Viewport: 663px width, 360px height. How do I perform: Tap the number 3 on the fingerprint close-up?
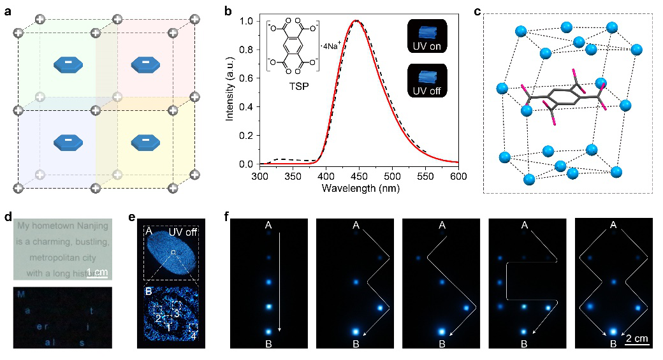[x=177, y=312]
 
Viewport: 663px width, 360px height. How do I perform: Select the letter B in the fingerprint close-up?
[x=149, y=295]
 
